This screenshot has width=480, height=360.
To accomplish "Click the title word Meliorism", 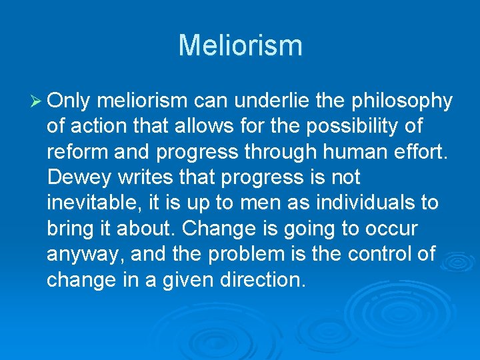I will tap(240, 45).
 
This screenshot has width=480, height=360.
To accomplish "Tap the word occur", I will tap(391, 228).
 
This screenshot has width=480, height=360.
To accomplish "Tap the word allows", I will tap(221, 126).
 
